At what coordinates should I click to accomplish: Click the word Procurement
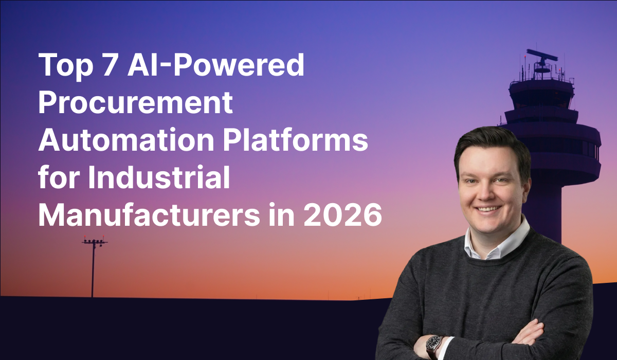click(x=136, y=103)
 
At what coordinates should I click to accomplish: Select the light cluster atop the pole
click(x=94, y=241)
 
